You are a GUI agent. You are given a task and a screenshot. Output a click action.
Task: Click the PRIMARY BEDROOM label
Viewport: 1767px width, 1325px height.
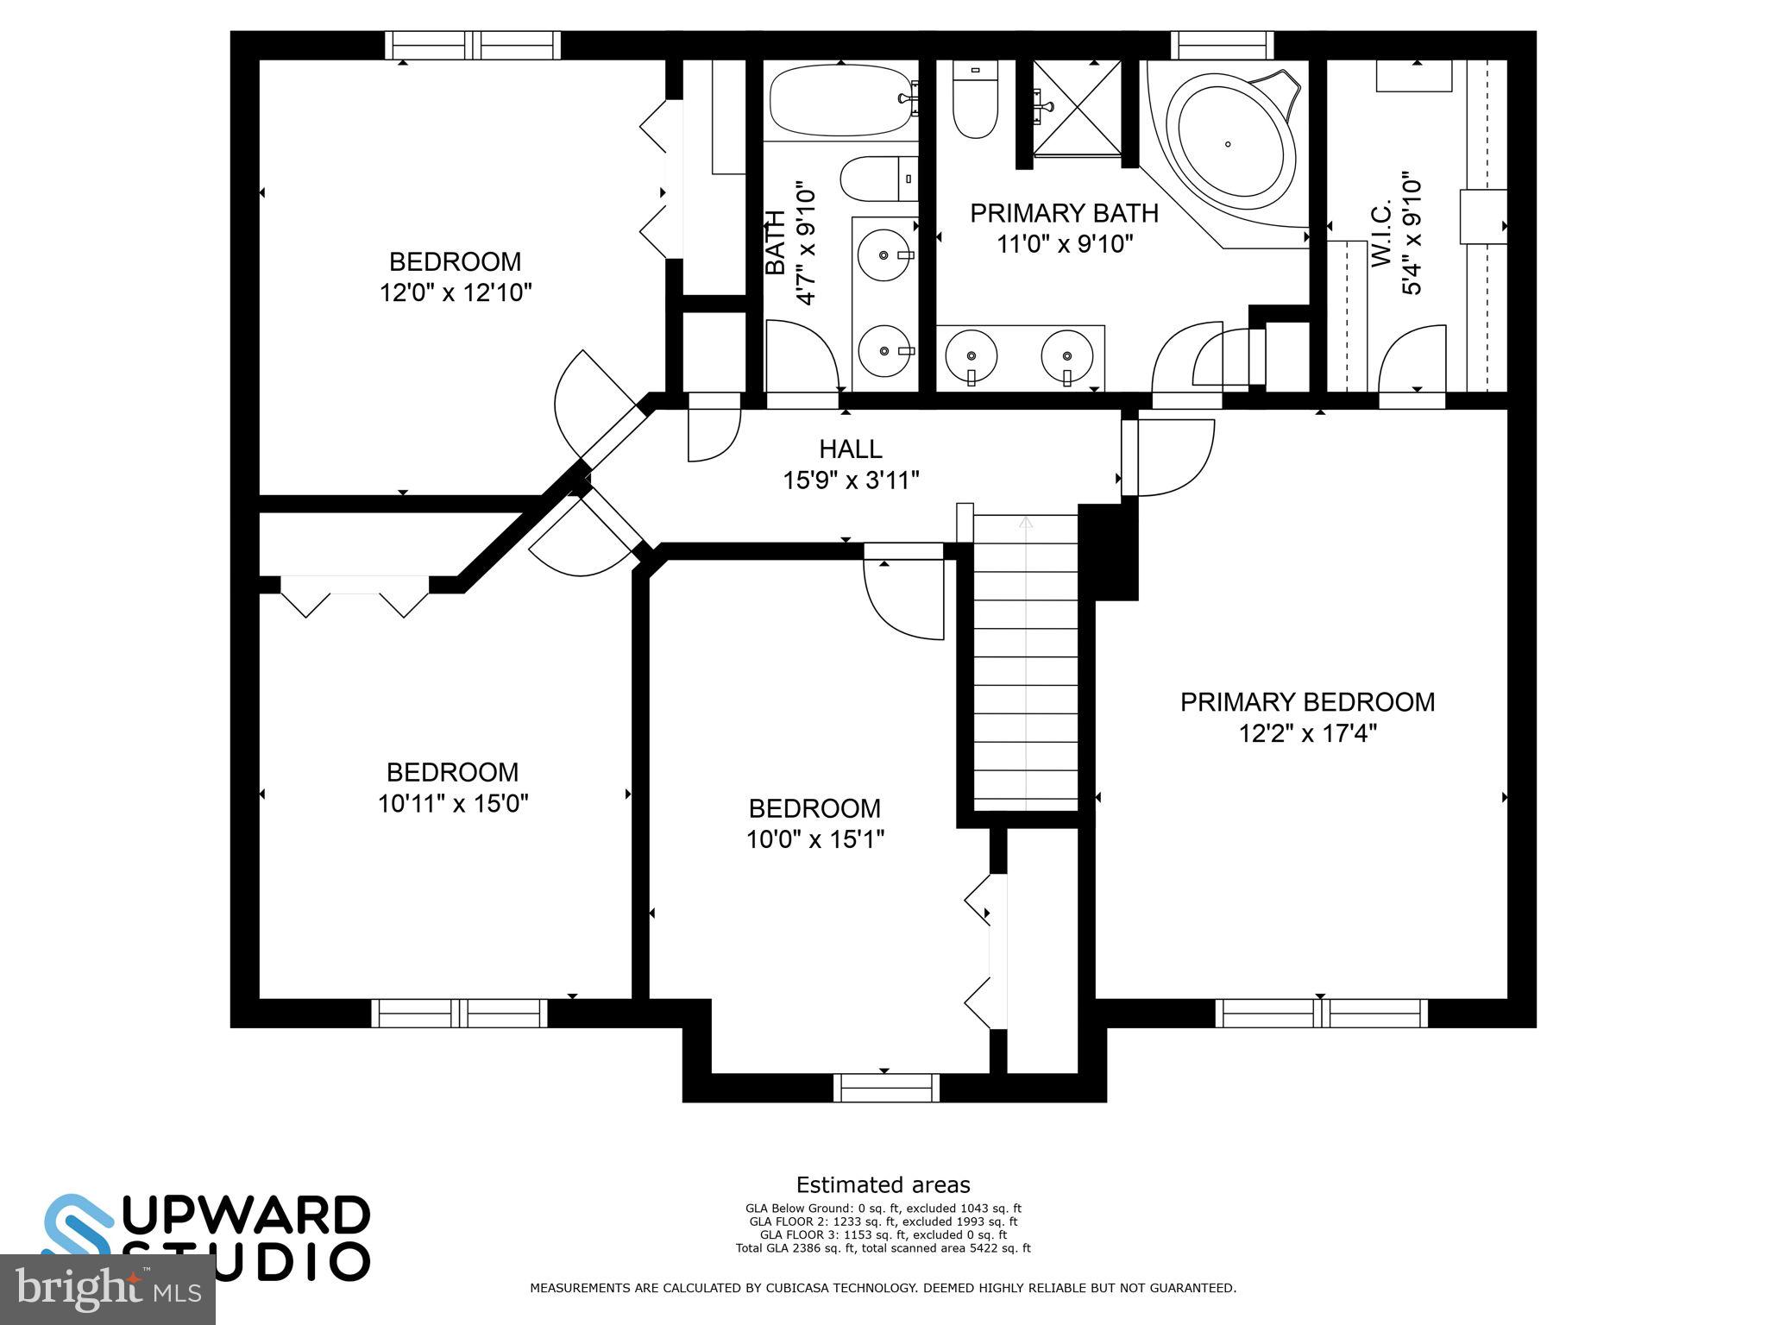click(x=1307, y=702)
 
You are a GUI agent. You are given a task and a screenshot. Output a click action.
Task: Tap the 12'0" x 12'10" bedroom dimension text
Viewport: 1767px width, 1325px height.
click(x=456, y=293)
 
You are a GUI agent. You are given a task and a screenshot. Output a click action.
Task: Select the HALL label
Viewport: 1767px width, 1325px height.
click(x=850, y=449)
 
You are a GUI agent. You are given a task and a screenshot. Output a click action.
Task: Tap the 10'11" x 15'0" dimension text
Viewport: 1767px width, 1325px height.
click(x=453, y=804)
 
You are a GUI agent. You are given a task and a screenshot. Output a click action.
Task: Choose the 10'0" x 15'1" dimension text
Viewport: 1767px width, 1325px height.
click(x=815, y=839)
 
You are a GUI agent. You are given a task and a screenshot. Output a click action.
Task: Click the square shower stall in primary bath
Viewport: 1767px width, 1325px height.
click(x=1078, y=109)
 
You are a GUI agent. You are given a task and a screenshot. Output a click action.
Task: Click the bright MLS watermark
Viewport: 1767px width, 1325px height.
click(x=108, y=1289)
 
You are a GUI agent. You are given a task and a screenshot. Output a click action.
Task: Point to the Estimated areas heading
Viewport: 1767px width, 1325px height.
click(x=883, y=1184)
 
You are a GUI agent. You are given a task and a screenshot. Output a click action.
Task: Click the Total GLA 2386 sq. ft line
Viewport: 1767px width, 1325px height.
click(x=883, y=1248)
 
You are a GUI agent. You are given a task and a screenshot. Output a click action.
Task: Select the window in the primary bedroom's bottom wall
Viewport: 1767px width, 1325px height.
click(x=1321, y=1013)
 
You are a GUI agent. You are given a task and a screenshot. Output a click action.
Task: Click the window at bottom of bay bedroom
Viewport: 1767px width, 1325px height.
click(x=886, y=1087)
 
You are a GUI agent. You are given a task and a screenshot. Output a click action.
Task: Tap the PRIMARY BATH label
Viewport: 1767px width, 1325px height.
click(x=1064, y=213)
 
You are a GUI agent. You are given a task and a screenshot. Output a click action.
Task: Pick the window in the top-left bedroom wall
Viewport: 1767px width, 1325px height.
click(x=472, y=45)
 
